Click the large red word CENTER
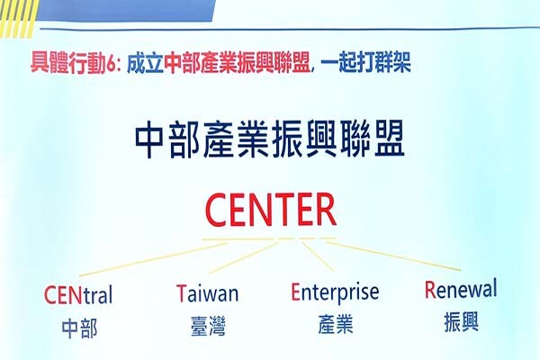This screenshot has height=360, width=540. (x=271, y=210)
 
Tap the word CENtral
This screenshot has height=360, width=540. (x=78, y=295)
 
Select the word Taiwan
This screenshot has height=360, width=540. (x=207, y=293)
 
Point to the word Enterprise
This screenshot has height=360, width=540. (x=335, y=292)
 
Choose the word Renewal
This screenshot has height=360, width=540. (x=461, y=289)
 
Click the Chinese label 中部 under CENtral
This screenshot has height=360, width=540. (x=79, y=328)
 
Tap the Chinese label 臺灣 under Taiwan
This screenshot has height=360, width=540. (x=208, y=326)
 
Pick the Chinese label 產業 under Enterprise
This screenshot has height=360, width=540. (x=336, y=324)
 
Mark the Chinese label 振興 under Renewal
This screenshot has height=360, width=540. (x=462, y=322)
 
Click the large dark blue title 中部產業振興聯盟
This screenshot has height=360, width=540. (x=270, y=139)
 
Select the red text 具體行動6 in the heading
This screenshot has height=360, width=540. (x=73, y=63)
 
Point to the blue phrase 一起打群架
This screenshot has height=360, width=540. (x=365, y=62)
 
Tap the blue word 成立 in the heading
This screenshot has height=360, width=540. (x=145, y=63)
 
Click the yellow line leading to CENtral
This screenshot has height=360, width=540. (x=153, y=259)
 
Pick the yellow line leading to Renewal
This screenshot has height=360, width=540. (x=392, y=256)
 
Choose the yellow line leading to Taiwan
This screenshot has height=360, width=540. (x=243, y=257)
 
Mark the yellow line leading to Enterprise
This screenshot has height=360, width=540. (x=319, y=256)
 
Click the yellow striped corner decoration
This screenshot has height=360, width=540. (x=18, y=18)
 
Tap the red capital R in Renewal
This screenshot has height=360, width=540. (x=430, y=290)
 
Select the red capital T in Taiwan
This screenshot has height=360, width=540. (x=181, y=293)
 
